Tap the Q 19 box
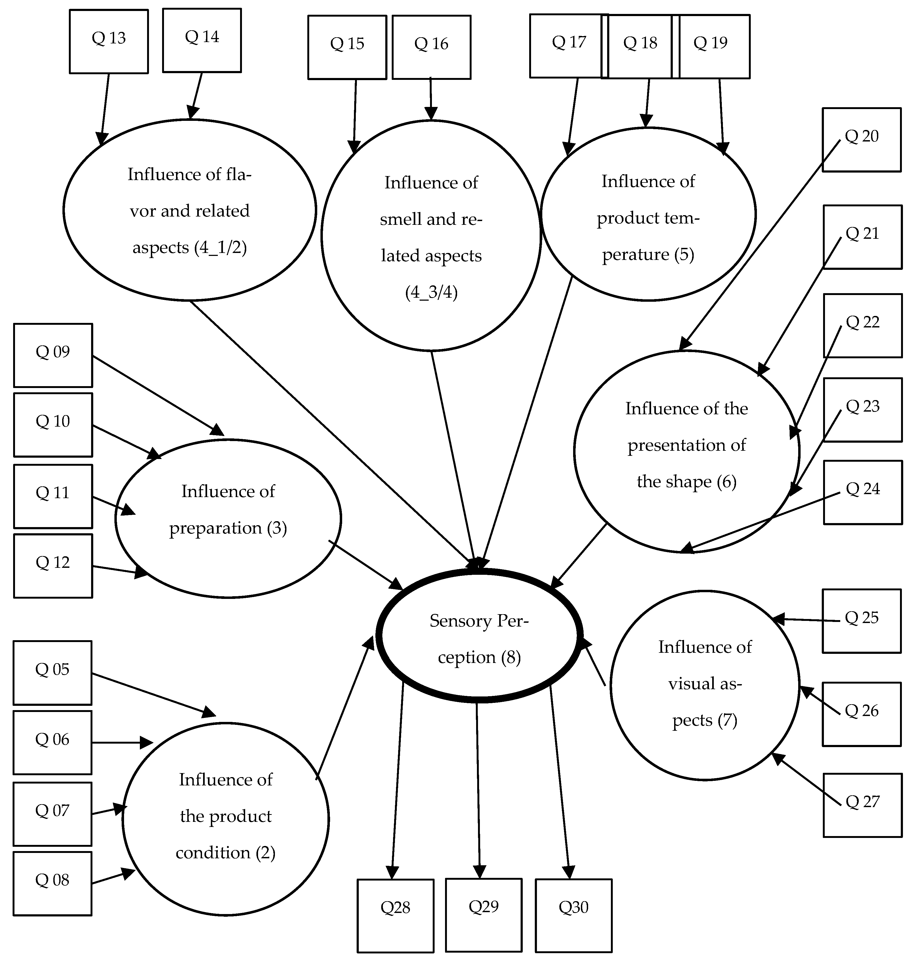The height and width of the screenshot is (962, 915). [x=714, y=46]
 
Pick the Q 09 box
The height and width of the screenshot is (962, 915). [x=53, y=355]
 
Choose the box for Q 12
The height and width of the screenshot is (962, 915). [x=53, y=566]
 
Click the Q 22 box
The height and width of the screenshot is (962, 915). [x=862, y=326]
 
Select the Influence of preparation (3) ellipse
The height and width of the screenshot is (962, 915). [x=228, y=518]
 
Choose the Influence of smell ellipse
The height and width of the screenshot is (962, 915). [x=431, y=235]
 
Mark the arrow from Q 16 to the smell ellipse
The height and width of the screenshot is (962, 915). [x=431, y=98]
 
